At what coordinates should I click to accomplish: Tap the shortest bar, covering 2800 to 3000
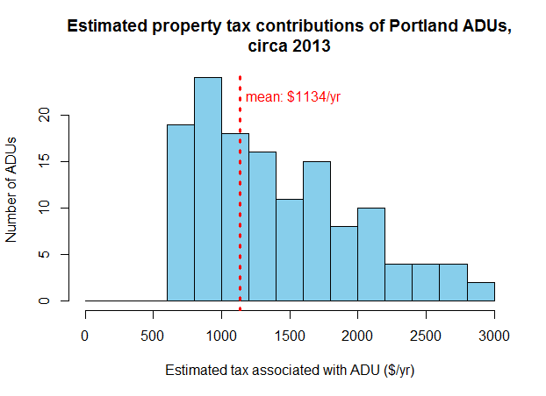tap(480, 292)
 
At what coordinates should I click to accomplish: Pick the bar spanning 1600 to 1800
tap(316, 231)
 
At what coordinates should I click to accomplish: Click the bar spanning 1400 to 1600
tap(289, 250)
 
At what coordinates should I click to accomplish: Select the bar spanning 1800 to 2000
tap(343, 264)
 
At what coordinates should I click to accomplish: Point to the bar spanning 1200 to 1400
tap(262, 227)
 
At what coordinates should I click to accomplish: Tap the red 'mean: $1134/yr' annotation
tap(292, 97)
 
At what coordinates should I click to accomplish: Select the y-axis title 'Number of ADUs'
tap(12, 189)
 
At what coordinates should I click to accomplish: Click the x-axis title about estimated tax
tap(290, 370)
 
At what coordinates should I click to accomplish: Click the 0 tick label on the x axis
tap(85, 335)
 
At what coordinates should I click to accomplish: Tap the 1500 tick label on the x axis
tap(290, 335)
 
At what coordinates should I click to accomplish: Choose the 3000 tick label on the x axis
tap(494, 335)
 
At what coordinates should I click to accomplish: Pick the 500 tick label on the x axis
tap(153, 335)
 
